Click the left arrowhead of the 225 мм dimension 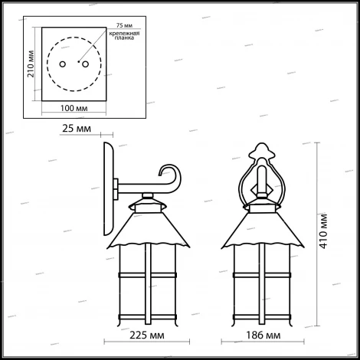coord(107,326)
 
